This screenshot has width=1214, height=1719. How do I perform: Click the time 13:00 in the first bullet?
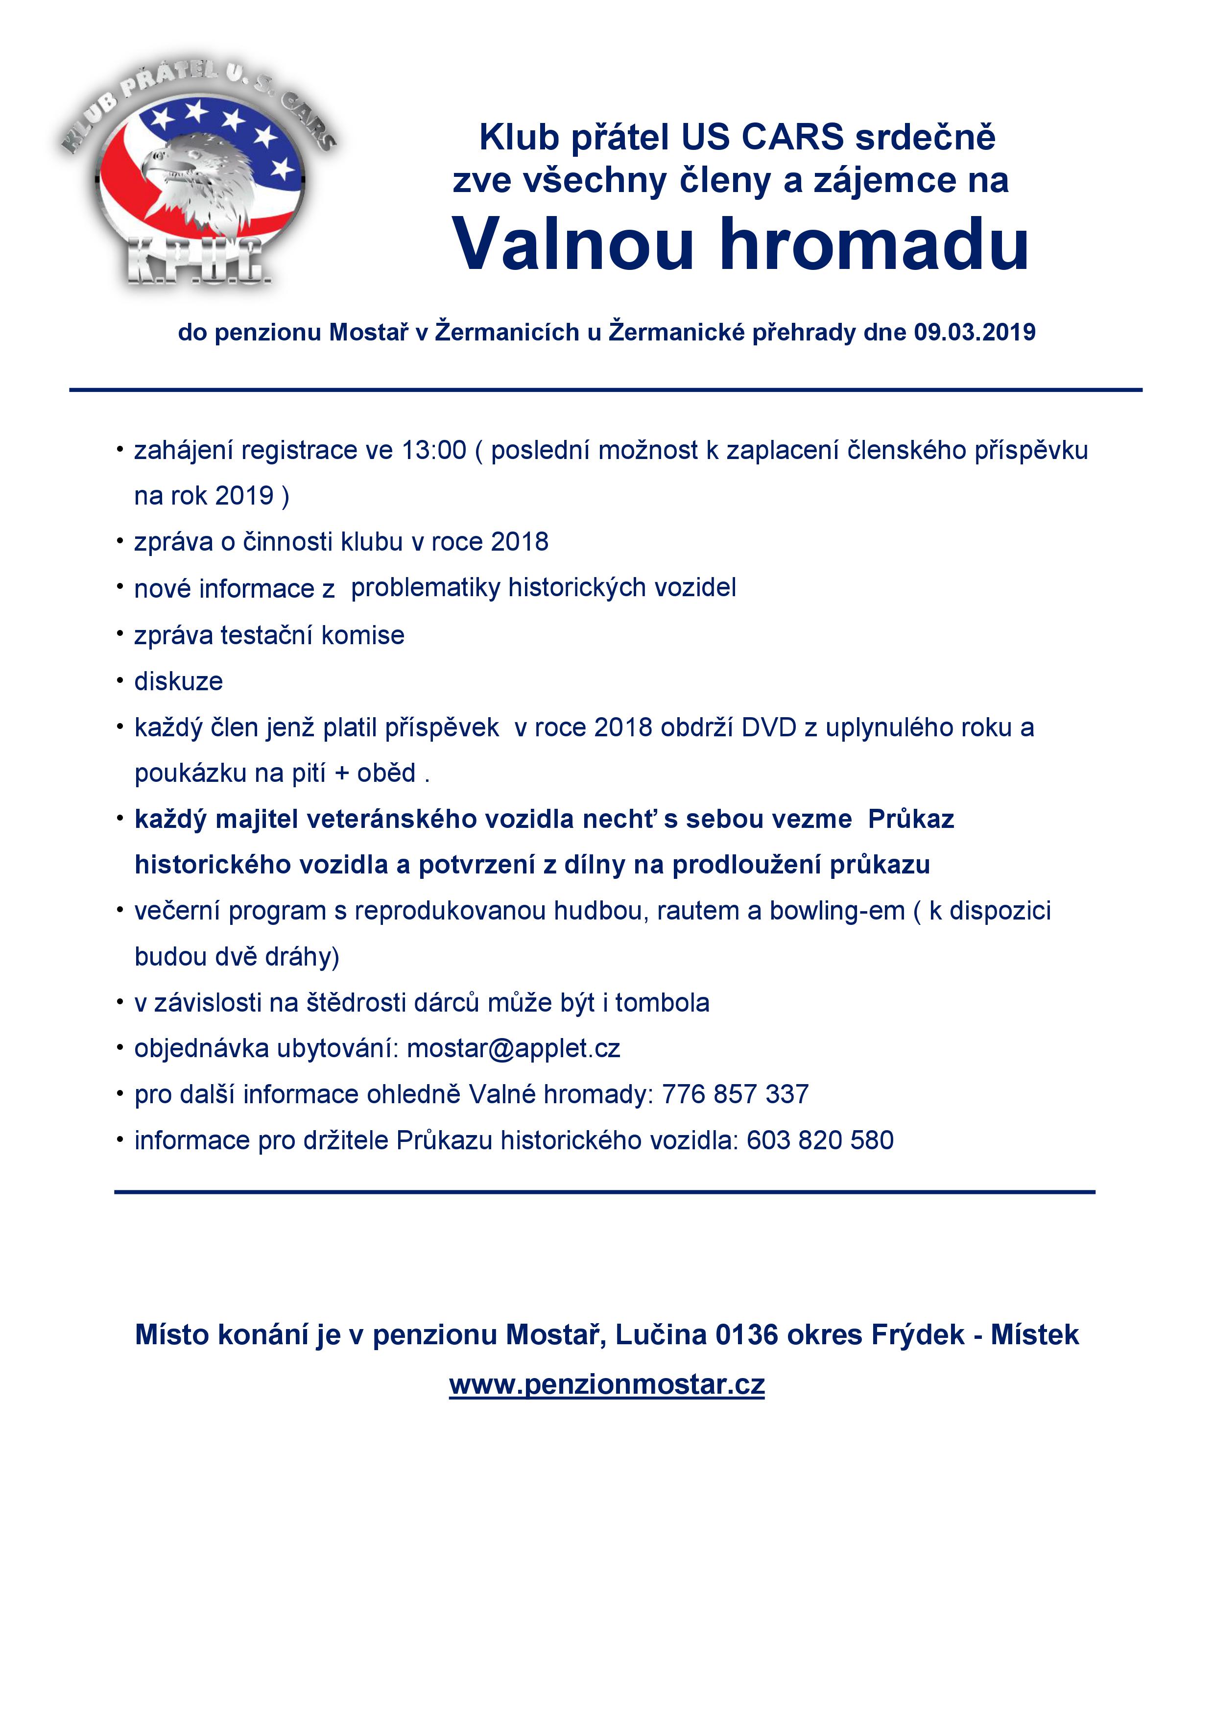coord(434,451)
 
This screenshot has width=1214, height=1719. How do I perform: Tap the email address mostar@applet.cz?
coord(513,1048)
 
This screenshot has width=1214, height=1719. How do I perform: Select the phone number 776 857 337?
coord(735,1094)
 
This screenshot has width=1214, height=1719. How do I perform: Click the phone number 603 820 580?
coord(820,1140)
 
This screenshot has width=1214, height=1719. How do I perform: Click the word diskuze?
coord(178,681)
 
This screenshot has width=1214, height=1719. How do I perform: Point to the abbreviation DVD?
coord(769,728)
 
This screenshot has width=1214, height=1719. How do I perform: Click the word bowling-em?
coord(837,911)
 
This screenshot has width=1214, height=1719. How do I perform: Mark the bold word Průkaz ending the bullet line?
coord(911,819)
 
